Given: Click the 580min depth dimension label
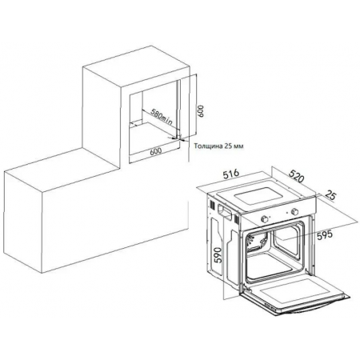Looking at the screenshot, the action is pyautogui.click(x=162, y=116).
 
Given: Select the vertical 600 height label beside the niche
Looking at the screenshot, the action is pyautogui.click(x=201, y=110).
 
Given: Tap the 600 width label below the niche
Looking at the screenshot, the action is pyautogui.click(x=156, y=151).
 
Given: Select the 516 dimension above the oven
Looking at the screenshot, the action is pyautogui.click(x=231, y=174).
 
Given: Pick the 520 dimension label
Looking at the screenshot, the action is pyautogui.click(x=297, y=175).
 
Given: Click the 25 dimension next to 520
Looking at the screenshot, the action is pyautogui.click(x=331, y=196).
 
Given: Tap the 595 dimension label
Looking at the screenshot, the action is pyautogui.click(x=325, y=235).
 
